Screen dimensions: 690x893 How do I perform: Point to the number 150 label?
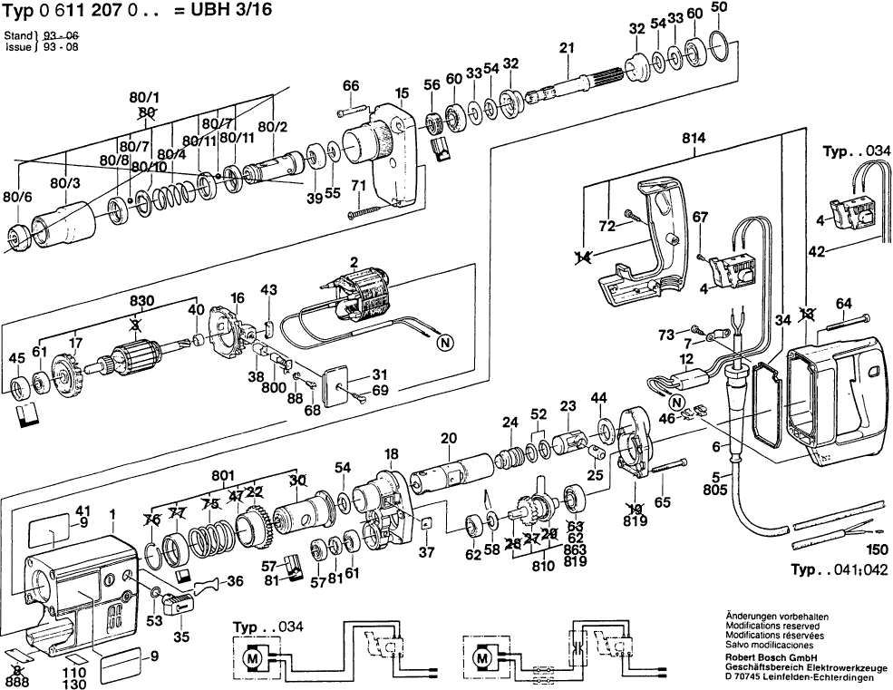(x=876, y=549)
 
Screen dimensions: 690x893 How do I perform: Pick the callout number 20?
(x=448, y=439)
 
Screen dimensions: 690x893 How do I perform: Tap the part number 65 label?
(x=663, y=500)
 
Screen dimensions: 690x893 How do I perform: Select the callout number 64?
(x=843, y=303)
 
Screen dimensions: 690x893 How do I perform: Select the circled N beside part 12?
(x=674, y=403)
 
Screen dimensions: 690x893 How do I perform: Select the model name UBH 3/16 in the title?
(x=238, y=11)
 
